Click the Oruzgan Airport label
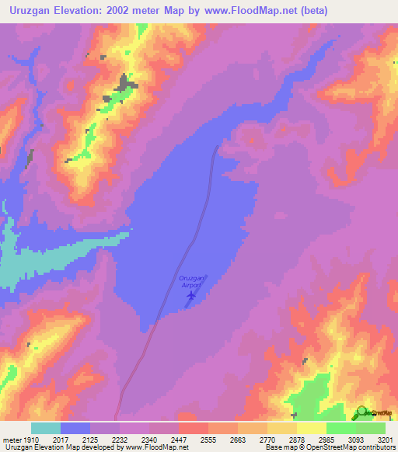coord(190,281)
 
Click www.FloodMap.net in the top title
coord(250,11)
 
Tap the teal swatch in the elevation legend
coord(46,428)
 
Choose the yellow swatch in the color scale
coord(312,428)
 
